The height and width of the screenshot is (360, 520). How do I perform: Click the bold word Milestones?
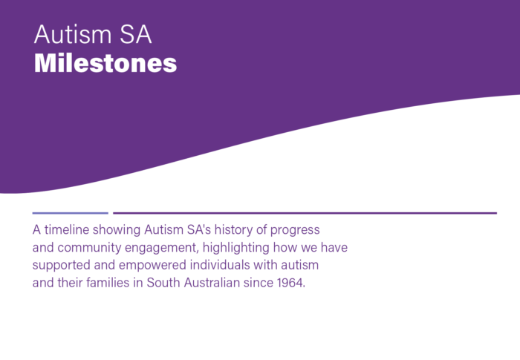(105, 62)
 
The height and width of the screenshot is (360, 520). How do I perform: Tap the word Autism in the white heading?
(73, 34)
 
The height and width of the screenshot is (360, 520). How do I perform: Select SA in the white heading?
(136, 34)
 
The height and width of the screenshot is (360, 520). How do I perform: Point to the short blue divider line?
(71, 213)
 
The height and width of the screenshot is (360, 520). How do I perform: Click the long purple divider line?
(305, 213)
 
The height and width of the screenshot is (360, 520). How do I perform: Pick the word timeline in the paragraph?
(67, 229)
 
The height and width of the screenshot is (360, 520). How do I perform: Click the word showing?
(117, 230)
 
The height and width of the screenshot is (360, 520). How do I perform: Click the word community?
(89, 248)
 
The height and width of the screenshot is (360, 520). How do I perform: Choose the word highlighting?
(235, 248)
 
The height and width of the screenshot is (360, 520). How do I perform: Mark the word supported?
(62, 266)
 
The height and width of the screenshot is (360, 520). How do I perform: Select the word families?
(108, 282)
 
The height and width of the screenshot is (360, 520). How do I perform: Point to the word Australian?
(212, 282)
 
